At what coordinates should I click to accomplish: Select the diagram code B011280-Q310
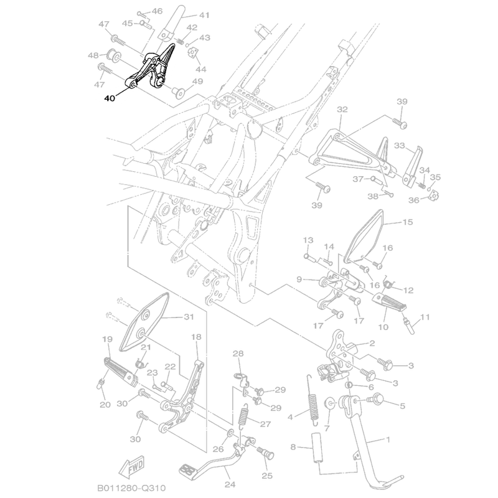(x=131, y=487)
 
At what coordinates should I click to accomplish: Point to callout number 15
(x=408, y=222)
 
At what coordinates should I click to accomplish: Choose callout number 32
(x=342, y=109)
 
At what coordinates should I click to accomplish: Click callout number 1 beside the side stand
(x=388, y=440)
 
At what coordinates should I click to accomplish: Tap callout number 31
(x=189, y=316)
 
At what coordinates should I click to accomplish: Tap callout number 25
(x=267, y=477)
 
